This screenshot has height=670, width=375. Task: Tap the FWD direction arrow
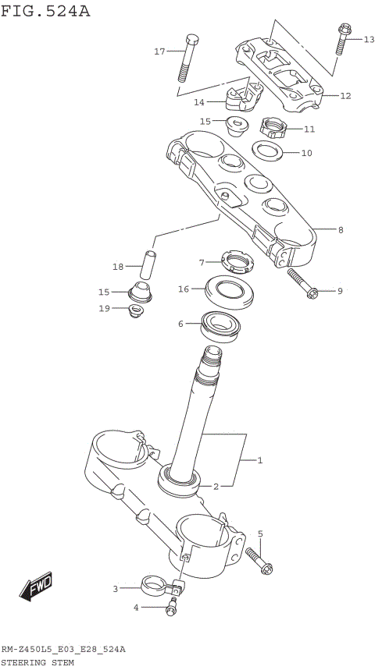(37, 590)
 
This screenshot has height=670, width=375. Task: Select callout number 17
(159, 51)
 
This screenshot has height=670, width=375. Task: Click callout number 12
(345, 96)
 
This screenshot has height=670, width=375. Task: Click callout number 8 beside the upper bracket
(341, 230)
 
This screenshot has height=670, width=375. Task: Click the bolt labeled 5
(259, 560)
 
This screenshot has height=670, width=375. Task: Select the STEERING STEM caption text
(37, 662)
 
